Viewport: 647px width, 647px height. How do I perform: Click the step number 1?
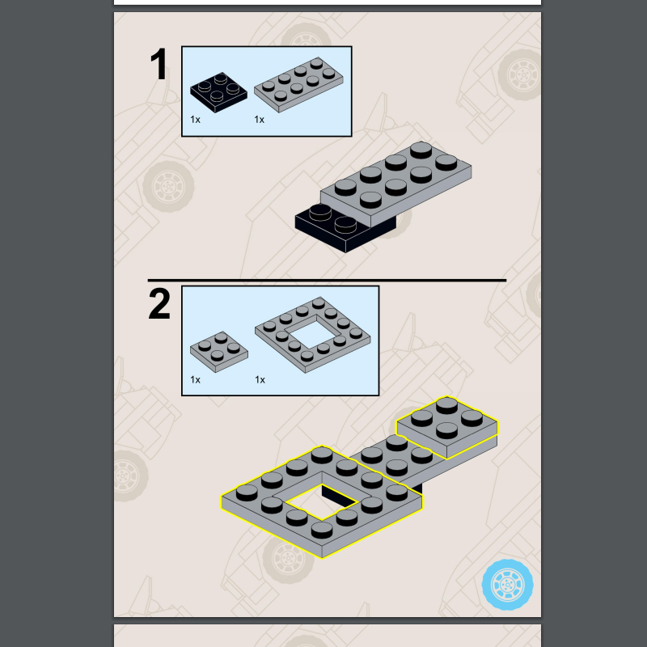click(159, 64)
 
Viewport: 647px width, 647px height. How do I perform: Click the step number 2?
click(159, 304)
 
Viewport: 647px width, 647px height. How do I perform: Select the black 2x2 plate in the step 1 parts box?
click(218, 92)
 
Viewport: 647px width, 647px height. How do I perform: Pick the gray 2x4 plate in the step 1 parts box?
click(298, 85)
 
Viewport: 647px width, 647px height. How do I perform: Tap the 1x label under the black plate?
click(195, 120)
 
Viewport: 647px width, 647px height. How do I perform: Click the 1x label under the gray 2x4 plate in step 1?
click(259, 120)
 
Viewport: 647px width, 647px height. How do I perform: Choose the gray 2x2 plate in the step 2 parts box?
click(219, 352)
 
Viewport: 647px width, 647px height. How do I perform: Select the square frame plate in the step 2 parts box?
click(313, 335)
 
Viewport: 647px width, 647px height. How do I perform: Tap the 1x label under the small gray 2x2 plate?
click(195, 379)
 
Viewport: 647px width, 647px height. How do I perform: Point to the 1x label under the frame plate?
click(260, 379)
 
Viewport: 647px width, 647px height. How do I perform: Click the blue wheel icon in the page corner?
click(508, 585)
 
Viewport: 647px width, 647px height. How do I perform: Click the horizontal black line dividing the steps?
click(328, 281)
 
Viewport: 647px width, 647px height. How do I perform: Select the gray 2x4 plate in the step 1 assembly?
click(396, 184)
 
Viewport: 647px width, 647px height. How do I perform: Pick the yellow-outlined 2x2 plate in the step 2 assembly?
click(447, 428)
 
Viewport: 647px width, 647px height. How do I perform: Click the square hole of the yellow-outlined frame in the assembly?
click(321, 502)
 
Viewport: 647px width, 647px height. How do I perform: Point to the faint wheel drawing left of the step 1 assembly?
click(168, 187)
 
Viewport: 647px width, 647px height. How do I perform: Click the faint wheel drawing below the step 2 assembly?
click(289, 559)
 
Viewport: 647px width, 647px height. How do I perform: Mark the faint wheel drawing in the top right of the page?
click(521, 74)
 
